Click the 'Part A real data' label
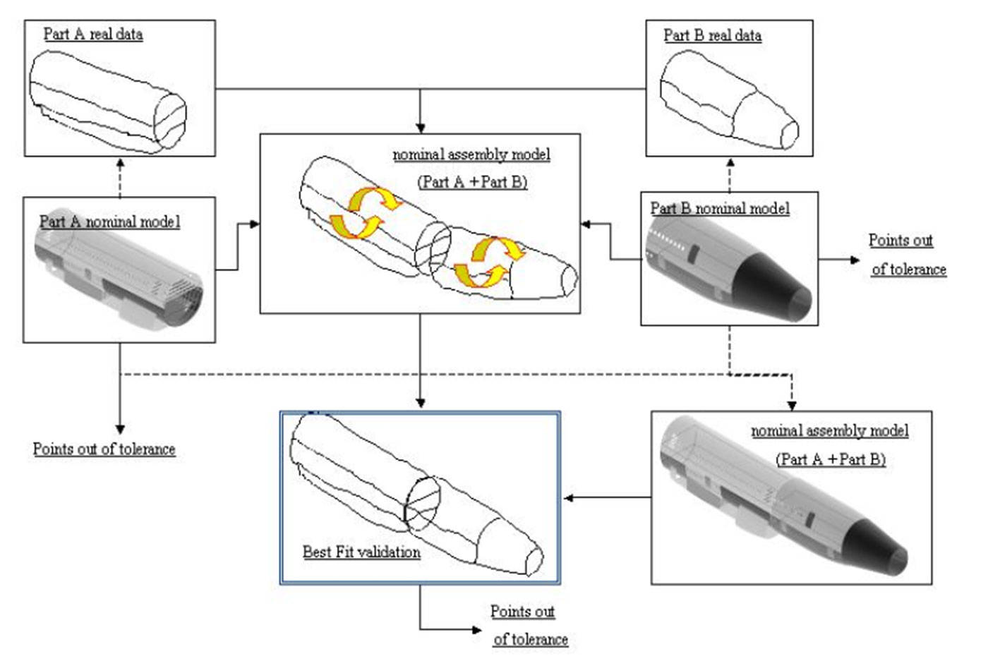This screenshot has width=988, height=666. click(92, 34)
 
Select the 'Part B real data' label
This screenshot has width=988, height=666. click(712, 35)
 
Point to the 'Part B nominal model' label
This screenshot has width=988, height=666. click(719, 208)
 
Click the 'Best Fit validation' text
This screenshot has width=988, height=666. click(361, 552)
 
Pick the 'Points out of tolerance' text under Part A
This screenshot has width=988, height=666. click(104, 449)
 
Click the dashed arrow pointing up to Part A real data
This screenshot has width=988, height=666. click(120, 176)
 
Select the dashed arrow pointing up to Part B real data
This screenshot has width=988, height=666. click(730, 174)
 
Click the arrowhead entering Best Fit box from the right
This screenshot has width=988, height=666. click(569, 498)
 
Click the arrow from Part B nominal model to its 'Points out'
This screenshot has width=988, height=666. click(840, 260)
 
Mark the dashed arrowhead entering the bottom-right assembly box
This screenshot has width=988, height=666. click(791, 405)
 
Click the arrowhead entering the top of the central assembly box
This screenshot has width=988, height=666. click(421, 128)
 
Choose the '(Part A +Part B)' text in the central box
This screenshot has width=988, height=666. click(472, 181)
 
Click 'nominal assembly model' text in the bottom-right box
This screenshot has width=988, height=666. click(829, 430)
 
